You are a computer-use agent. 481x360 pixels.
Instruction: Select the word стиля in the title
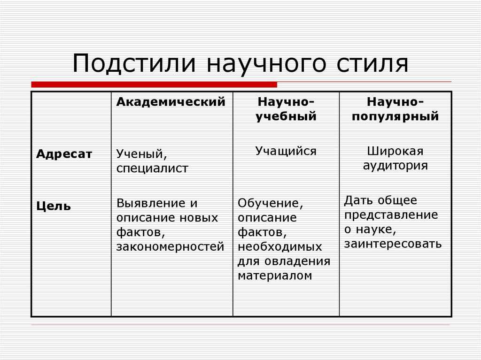tap(370, 64)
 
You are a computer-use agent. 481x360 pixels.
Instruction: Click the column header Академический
tap(171, 102)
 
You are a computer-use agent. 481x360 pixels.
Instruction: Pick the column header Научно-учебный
tap(286, 109)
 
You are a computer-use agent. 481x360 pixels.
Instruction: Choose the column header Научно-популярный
tap(396, 109)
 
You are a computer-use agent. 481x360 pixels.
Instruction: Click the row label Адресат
tap(64, 154)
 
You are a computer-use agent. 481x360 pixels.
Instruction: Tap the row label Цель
tap(54, 206)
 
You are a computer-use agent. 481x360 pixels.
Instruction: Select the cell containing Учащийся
tap(286, 151)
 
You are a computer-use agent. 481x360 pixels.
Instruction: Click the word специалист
tap(152, 169)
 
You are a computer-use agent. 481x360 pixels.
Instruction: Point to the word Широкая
tap(396, 151)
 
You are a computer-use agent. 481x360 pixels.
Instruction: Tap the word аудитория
tap(396, 166)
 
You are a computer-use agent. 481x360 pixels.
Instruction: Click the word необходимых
tap(280, 247)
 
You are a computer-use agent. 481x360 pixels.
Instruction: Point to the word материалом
tap(275, 276)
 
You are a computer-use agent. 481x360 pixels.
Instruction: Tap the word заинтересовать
tap(393, 244)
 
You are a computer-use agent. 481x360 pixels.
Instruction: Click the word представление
tap(391, 215)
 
